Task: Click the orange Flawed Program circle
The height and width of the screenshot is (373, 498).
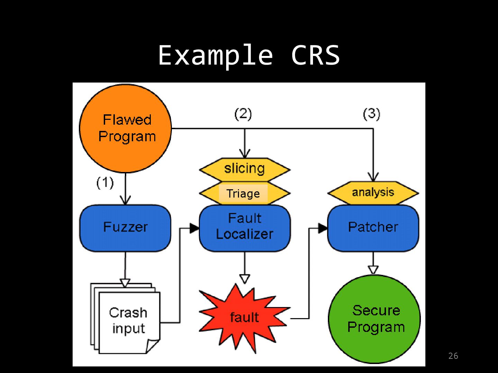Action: [x=126, y=128]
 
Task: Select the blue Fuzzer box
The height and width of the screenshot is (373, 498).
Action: [x=125, y=228]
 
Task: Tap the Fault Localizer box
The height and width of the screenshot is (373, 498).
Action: [x=245, y=228]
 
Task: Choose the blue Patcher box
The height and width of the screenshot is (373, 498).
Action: [x=373, y=228]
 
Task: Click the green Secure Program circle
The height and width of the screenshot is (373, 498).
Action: [x=374, y=319]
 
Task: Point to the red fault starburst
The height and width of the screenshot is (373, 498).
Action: [x=244, y=317]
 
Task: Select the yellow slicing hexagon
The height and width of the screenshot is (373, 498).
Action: [x=245, y=169]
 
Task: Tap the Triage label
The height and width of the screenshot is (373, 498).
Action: [x=243, y=193]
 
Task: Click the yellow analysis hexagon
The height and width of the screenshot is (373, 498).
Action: [x=373, y=192]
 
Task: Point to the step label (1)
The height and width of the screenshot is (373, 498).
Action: [x=105, y=183]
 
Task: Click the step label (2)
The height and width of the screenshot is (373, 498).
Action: [x=243, y=114]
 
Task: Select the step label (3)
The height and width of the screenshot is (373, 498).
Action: [x=371, y=114]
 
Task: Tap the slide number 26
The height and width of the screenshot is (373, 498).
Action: [x=453, y=356]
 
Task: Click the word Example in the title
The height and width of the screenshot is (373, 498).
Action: [x=215, y=55]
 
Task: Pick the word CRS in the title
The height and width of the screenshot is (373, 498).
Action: [x=315, y=55]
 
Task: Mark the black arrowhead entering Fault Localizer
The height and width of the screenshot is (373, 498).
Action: [x=195, y=228]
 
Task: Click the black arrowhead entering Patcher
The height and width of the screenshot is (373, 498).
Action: [x=323, y=228]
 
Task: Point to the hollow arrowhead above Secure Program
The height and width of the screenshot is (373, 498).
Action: [x=373, y=269]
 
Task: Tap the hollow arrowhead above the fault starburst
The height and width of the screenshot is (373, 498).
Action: [x=245, y=278]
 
